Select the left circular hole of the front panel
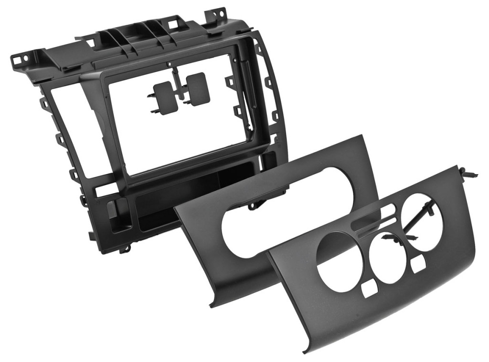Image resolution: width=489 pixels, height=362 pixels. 340,255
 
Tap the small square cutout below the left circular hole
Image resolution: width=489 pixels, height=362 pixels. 370,289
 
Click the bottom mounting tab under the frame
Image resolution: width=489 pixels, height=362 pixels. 125,248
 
